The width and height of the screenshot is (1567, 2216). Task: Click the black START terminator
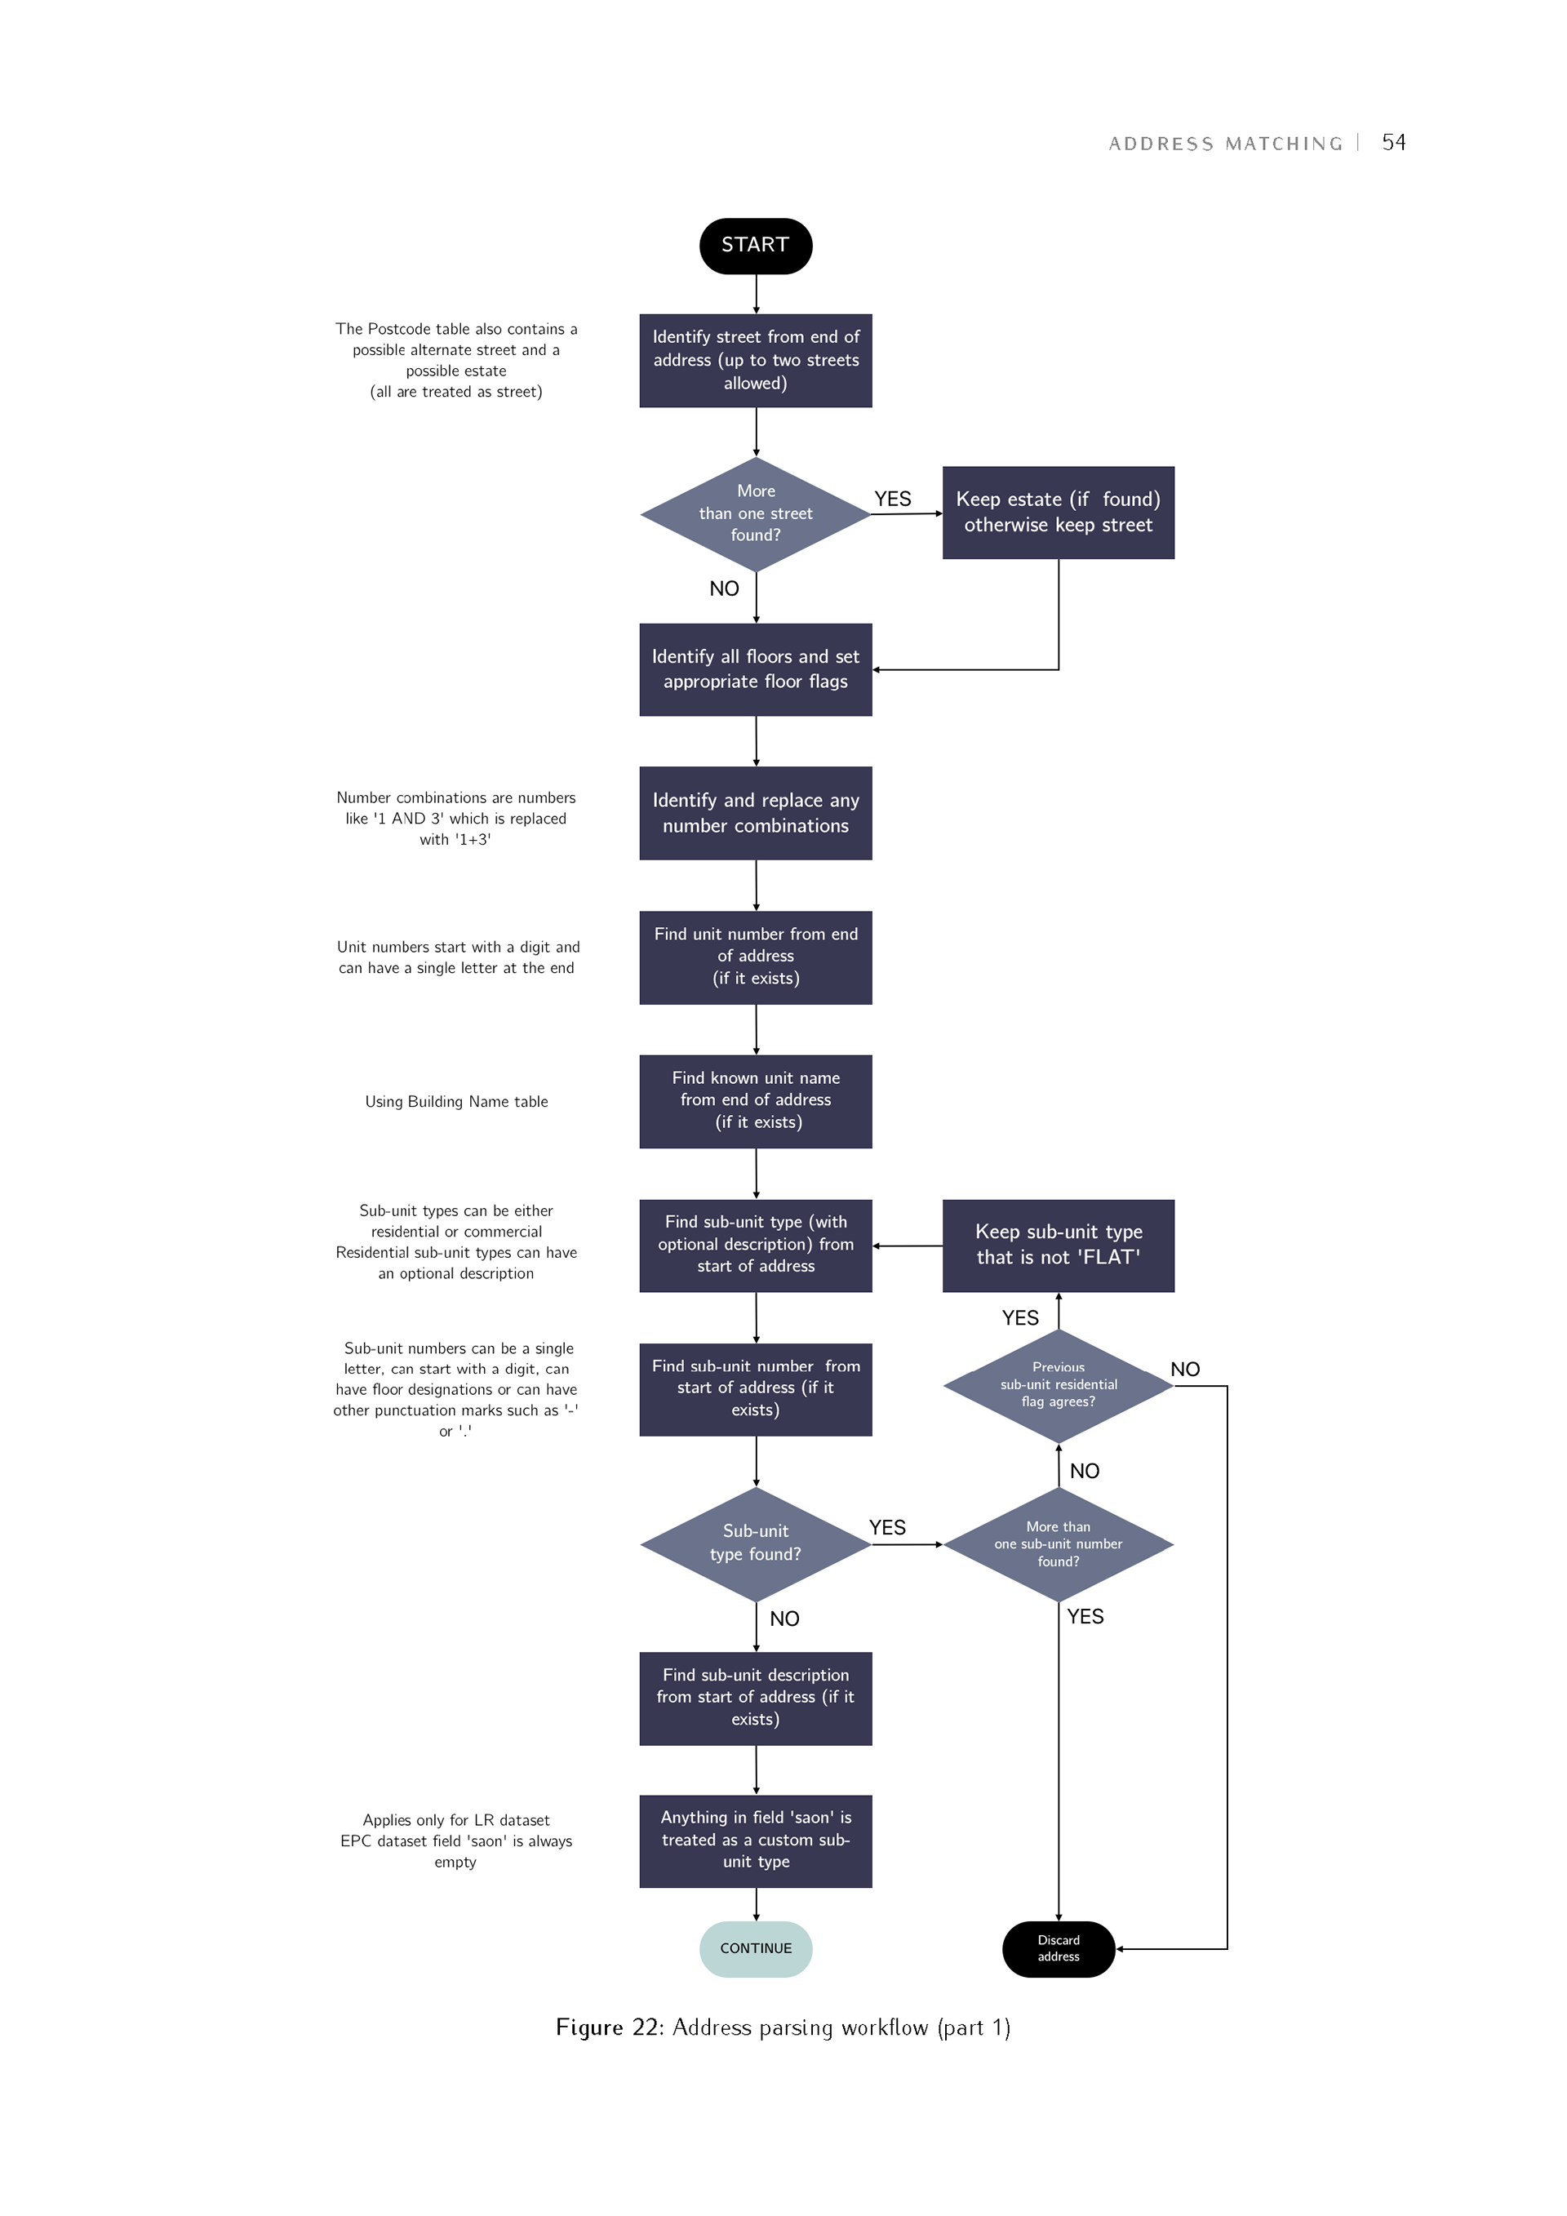[x=756, y=245]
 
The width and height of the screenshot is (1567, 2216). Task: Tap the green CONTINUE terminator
[x=756, y=1947]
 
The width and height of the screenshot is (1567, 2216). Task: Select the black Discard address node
[x=1059, y=1947]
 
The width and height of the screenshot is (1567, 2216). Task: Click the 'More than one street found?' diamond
[x=756, y=513]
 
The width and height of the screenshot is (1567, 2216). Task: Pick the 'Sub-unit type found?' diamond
[x=756, y=1543]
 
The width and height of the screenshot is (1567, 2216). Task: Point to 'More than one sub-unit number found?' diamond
[x=1059, y=1543]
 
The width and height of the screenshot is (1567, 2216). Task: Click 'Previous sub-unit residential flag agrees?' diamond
[x=1059, y=1386]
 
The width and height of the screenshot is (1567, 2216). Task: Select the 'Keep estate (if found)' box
[x=1059, y=513]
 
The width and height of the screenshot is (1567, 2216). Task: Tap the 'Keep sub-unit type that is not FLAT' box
[x=1059, y=1245]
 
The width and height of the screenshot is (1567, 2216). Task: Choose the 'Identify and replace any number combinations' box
[x=756, y=813]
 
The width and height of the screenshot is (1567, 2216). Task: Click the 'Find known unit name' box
[x=756, y=1101]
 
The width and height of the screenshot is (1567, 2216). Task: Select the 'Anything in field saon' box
[x=756, y=1841]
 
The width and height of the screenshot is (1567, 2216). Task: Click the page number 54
[x=1393, y=143]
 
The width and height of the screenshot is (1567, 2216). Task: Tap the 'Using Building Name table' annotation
[x=456, y=1101]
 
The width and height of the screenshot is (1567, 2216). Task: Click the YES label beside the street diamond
[x=893, y=499]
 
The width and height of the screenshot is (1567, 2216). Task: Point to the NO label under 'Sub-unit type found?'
[x=784, y=1619]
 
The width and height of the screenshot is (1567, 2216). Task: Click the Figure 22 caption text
[x=783, y=2027]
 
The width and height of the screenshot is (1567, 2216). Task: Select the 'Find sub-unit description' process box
[x=756, y=1698]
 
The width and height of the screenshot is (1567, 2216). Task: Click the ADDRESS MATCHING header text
[x=1225, y=144]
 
